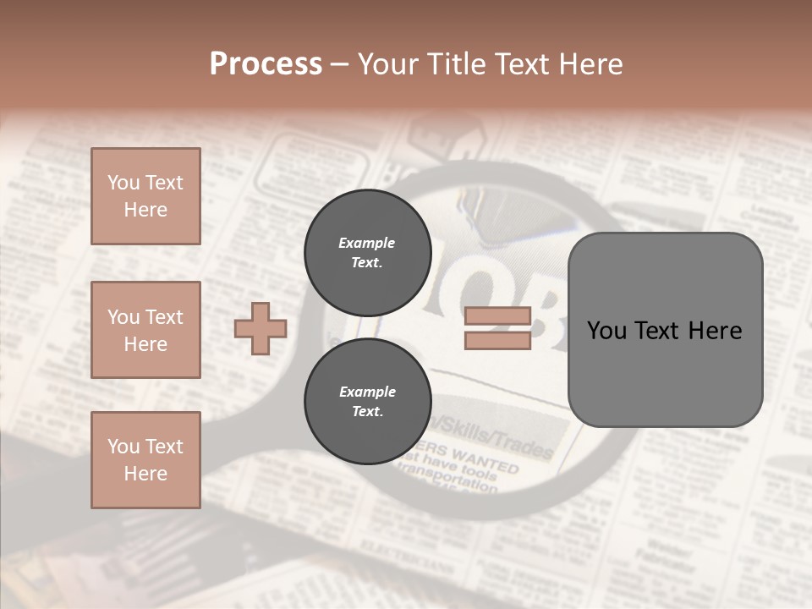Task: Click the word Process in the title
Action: [266, 64]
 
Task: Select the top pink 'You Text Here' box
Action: [145, 196]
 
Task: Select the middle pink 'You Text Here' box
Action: [145, 330]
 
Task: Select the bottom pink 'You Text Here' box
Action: [145, 460]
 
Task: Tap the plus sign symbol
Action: [261, 328]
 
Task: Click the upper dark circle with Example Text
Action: [367, 252]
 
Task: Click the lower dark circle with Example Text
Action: [367, 401]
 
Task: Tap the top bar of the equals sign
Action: [497, 316]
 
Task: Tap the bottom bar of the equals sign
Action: [497, 340]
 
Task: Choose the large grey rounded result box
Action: [665, 330]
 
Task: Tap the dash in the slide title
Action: [339, 64]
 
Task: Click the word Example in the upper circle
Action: [367, 243]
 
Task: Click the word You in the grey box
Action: [606, 331]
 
